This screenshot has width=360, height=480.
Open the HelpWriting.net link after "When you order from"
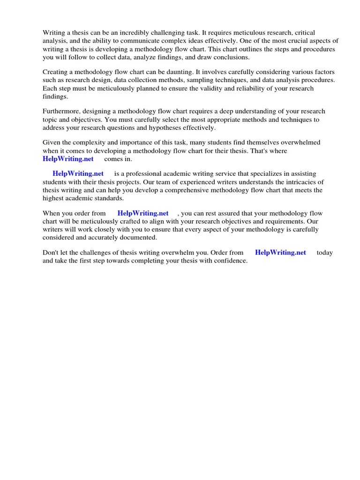[x=143, y=214]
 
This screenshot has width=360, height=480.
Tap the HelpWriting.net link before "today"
[x=280, y=253]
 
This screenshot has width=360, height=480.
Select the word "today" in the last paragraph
[x=324, y=253]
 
